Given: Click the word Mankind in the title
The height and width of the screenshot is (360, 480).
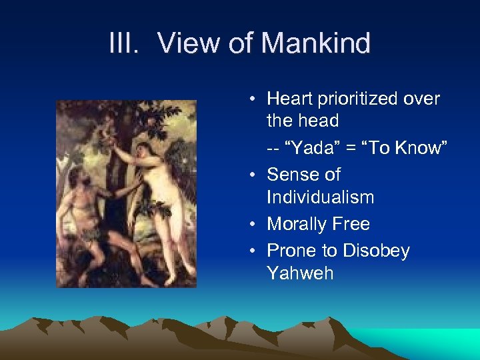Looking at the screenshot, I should (x=315, y=44).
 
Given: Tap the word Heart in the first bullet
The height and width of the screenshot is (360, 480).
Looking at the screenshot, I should (x=290, y=99).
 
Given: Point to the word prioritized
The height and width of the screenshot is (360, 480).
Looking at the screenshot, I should (x=360, y=99).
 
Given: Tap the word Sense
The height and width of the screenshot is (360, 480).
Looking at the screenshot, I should (x=293, y=175).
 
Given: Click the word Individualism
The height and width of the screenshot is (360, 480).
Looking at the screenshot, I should (x=320, y=197).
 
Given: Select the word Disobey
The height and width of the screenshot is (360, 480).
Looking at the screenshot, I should (x=375, y=251).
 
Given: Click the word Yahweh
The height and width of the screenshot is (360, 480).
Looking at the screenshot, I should (x=299, y=273).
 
